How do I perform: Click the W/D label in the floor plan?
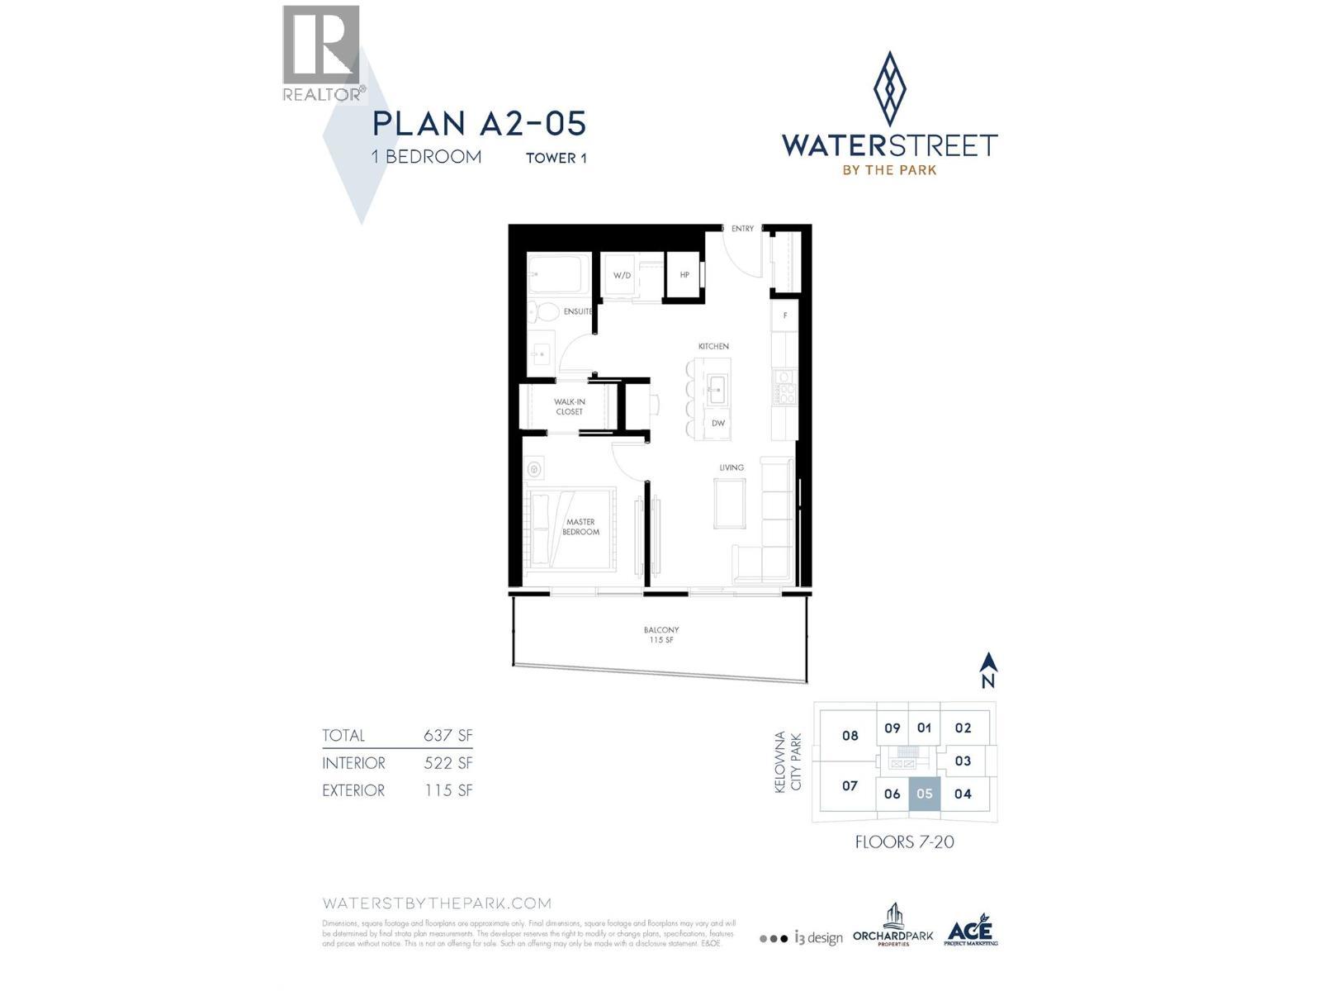click(x=622, y=275)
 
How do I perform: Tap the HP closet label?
click(x=684, y=275)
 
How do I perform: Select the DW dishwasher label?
click(x=718, y=424)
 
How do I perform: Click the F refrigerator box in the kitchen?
click(x=784, y=315)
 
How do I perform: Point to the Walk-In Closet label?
click(x=569, y=406)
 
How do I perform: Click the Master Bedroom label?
click(x=580, y=527)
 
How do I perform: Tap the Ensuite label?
click(x=577, y=311)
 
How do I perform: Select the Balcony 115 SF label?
click(x=660, y=635)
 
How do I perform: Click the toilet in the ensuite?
click(x=545, y=313)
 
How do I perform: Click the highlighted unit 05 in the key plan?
click(x=924, y=794)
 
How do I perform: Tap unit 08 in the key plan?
click(x=850, y=736)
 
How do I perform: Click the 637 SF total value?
click(x=447, y=736)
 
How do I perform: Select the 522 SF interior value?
click(x=447, y=763)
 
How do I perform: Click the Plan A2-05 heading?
click(x=479, y=124)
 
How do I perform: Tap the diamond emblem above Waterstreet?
click(x=889, y=88)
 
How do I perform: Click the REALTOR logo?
click(x=322, y=54)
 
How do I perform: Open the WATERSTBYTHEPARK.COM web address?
click(x=436, y=903)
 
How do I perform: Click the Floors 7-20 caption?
click(x=904, y=842)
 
